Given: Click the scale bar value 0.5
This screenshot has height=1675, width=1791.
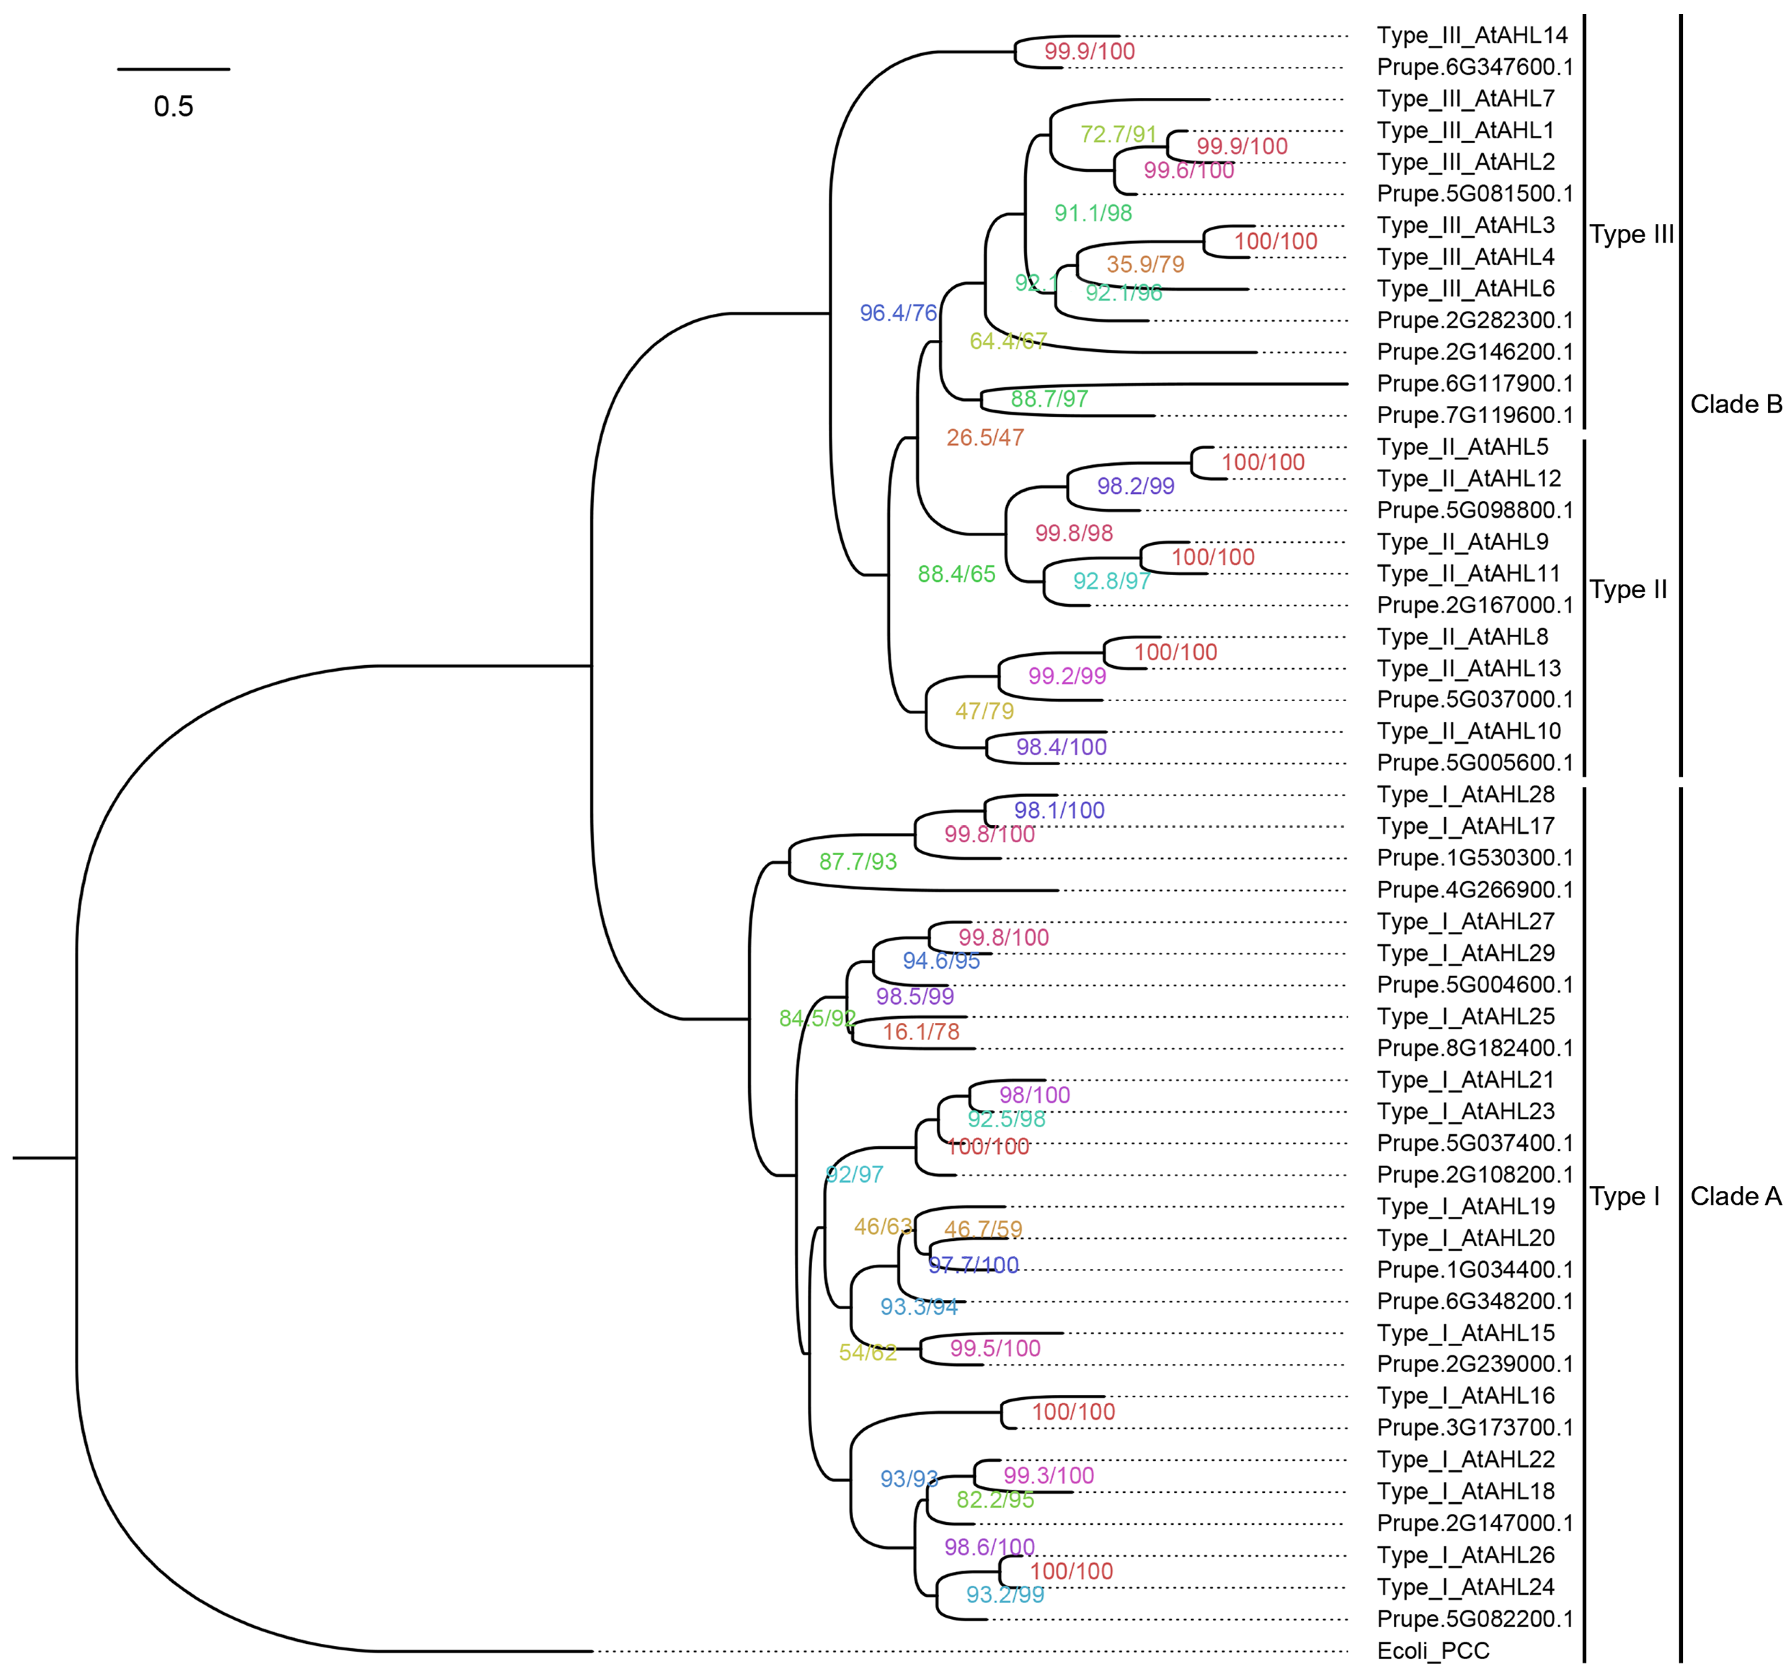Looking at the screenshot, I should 173,106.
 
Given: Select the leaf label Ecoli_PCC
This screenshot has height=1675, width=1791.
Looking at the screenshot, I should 1433,1651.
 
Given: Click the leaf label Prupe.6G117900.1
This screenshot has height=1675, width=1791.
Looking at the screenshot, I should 1475,384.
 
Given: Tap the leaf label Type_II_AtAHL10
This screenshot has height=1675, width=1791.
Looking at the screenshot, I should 1469,731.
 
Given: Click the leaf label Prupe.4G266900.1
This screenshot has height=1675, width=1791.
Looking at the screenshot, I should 1475,889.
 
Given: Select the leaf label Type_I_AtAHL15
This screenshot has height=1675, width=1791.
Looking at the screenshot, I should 1466,1333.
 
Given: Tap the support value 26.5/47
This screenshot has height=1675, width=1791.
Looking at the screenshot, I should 985,438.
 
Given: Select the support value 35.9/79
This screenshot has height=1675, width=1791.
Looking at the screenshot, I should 1145,264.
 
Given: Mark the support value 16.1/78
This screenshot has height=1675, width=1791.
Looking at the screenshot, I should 921,1032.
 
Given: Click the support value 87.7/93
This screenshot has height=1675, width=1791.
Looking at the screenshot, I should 858,861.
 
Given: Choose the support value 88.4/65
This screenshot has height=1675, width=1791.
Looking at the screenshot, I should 956,574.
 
